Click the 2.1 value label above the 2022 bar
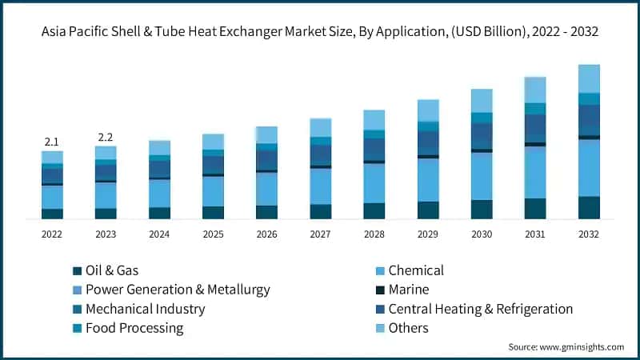pyautogui.click(x=52, y=142)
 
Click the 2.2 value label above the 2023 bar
pyautogui.click(x=106, y=138)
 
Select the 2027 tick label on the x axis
pyautogui.click(x=320, y=234)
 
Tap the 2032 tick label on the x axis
pyautogui.click(x=589, y=234)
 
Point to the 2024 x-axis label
pyautogui.click(x=159, y=234)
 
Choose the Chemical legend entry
pyautogui.click(x=415, y=270)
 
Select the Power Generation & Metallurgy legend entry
pyautogui.click(x=178, y=290)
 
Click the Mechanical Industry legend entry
pyautogui.click(x=145, y=309)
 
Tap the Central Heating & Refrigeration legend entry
pyautogui.click(x=480, y=309)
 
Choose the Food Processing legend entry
pyautogui.click(x=134, y=328)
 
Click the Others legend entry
pyautogui.click(x=408, y=328)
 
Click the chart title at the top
pyautogui.click(x=320, y=31)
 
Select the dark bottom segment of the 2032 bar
pyautogui.click(x=589, y=207)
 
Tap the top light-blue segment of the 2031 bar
pyautogui.click(x=535, y=90)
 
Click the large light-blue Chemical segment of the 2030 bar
pyautogui.click(x=482, y=175)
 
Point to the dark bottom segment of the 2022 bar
pyautogui.click(x=52, y=214)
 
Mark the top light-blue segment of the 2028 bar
pyautogui.click(x=374, y=119)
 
